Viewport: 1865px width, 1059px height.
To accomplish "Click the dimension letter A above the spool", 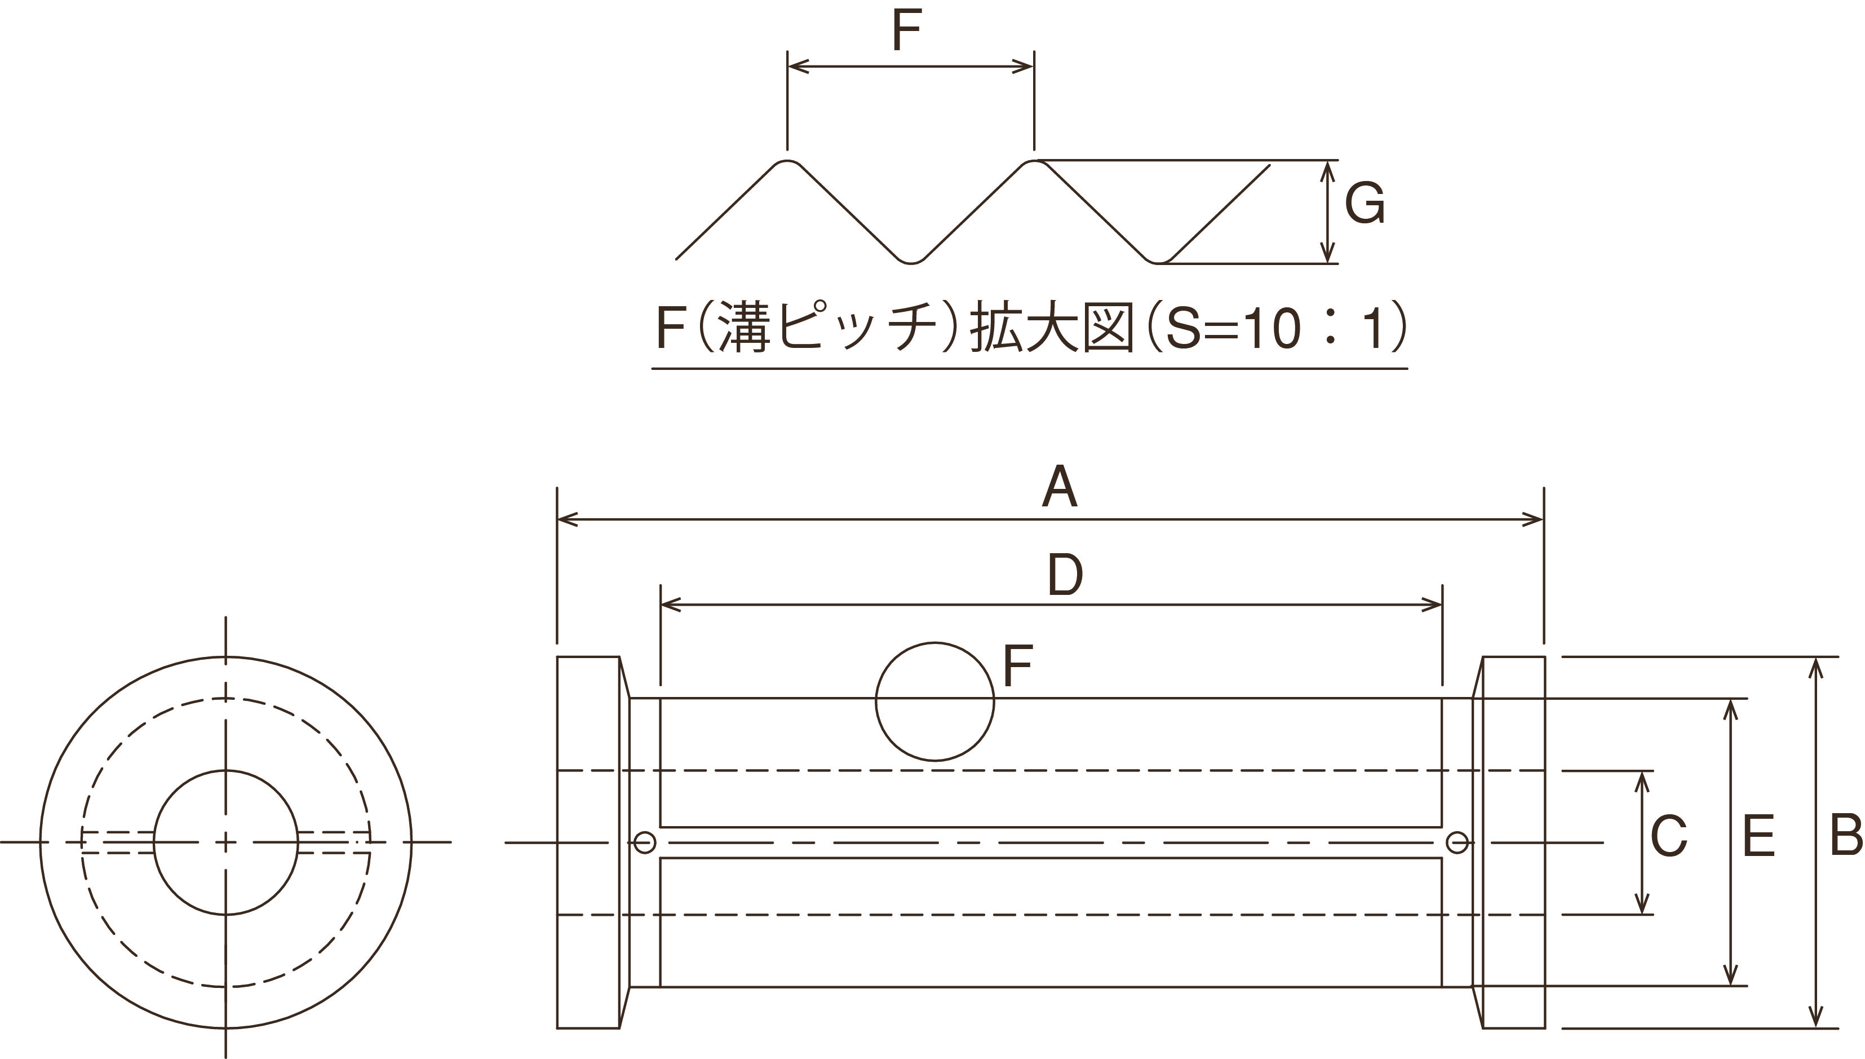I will click(1059, 488).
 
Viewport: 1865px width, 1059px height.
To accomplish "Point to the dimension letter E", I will click(1759, 836).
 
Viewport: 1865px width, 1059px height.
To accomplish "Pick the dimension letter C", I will click(1669, 836).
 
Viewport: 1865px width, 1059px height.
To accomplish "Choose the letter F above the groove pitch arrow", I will click(906, 30).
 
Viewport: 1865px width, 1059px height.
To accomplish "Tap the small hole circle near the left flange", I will click(645, 842).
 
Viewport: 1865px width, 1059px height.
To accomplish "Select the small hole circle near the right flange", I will click(1456, 842).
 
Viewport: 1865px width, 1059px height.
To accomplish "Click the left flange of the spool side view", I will click(588, 842).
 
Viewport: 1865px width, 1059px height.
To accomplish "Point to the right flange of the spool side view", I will click(1514, 842).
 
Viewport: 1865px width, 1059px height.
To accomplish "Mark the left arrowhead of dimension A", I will click(562, 519).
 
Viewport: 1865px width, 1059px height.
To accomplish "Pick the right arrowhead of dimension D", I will click(1436, 604).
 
